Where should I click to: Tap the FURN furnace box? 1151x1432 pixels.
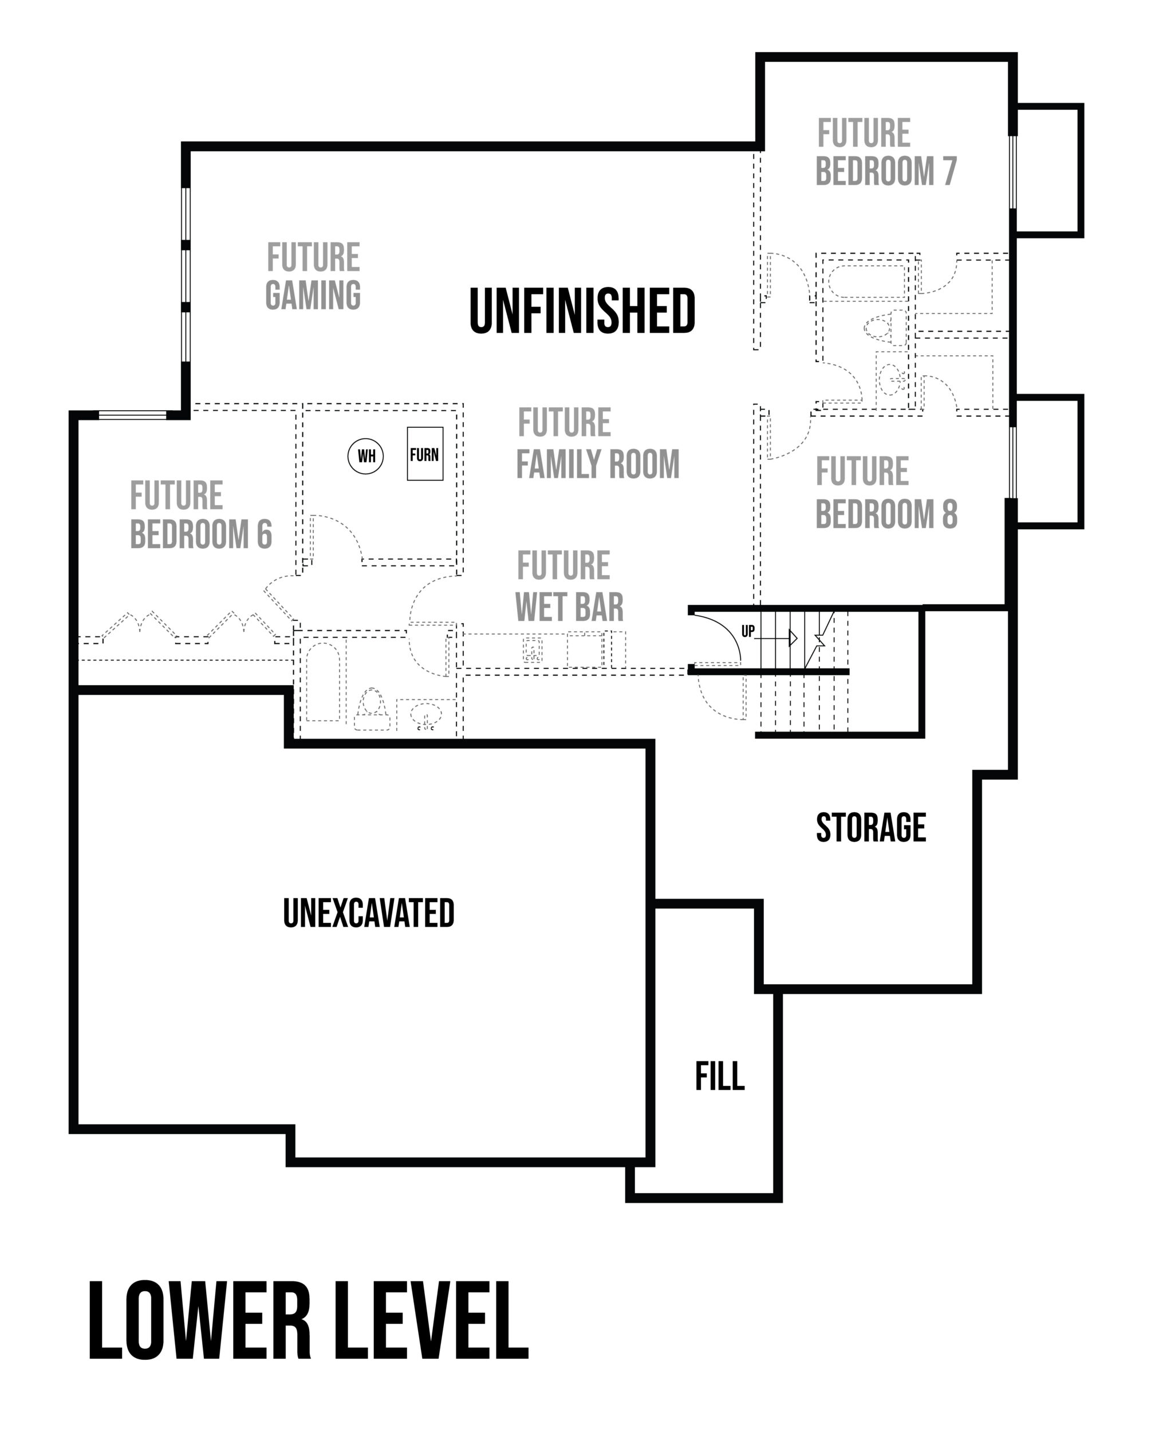(424, 454)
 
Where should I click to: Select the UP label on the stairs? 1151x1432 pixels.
(748, 631)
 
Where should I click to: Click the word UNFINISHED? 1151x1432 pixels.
(582, 311)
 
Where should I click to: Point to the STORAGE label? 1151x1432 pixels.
(871, 828)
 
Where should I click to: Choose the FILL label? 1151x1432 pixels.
(720, 1076)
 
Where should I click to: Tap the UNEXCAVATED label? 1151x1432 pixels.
(369, 912)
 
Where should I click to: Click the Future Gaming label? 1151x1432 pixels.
(313, 276)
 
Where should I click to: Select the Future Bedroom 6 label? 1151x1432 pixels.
(200, 515)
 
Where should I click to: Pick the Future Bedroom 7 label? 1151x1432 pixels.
(886, 152)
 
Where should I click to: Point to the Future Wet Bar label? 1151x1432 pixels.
(569, 586)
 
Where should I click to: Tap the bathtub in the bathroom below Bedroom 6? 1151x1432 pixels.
(323, 682)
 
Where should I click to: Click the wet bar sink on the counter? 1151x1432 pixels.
(532, 650)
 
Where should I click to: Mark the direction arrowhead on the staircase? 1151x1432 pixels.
(793, 638)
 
